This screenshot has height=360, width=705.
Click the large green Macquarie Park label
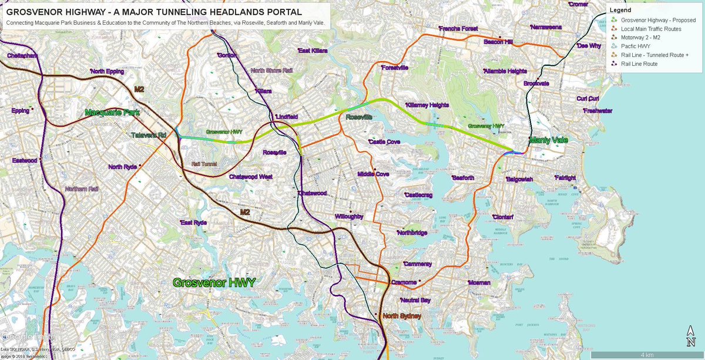111,112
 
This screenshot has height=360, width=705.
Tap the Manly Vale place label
549,140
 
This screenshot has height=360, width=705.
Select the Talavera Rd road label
148,135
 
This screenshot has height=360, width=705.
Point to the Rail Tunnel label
204,164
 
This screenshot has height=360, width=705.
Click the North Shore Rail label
271,70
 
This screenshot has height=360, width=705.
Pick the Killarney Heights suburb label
427,105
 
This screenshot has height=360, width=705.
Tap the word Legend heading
620,10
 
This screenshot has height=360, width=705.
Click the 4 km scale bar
646,355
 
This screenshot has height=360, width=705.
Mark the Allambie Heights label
505,71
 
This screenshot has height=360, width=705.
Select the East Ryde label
194,223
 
